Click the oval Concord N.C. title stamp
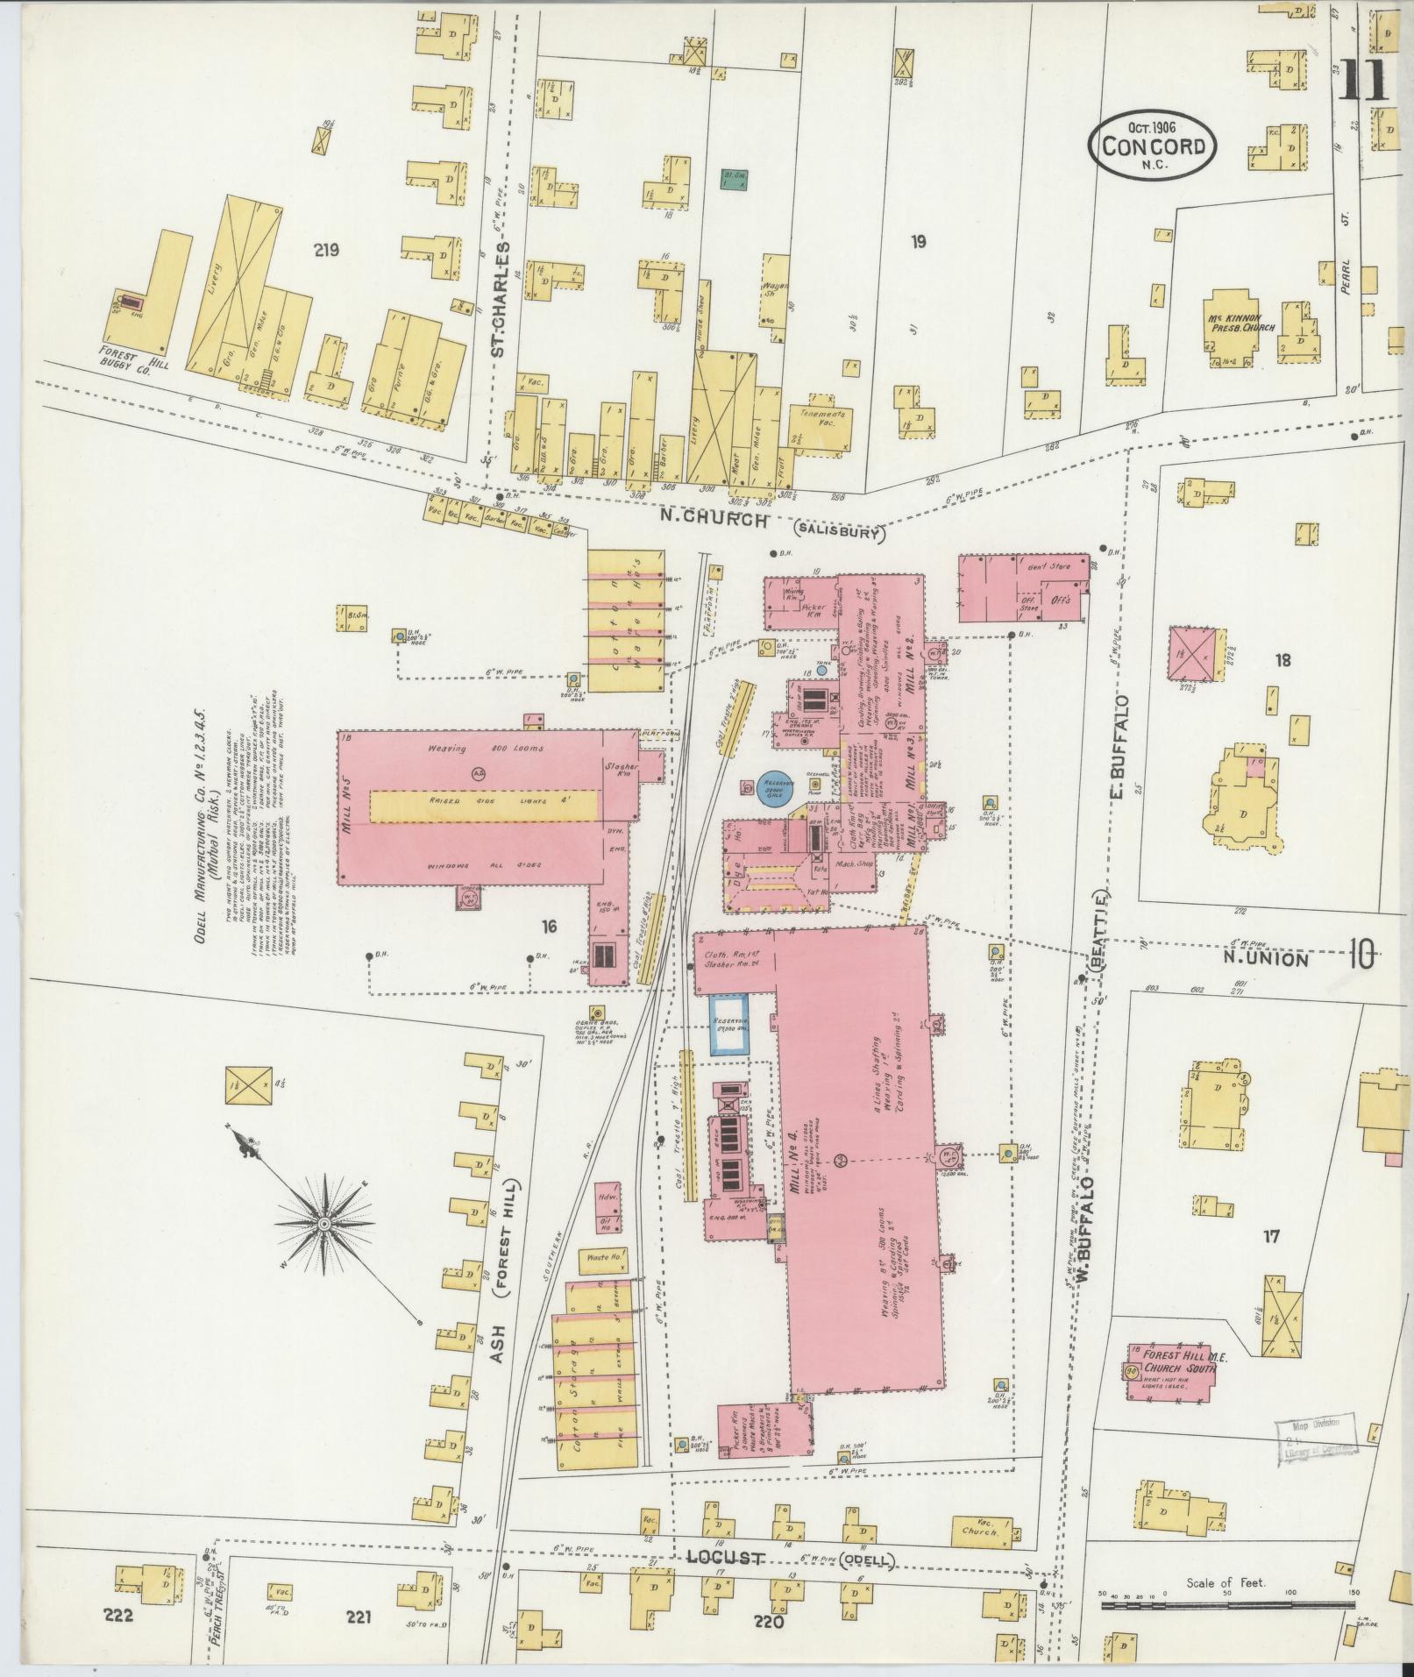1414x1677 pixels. [x=1152, y=143]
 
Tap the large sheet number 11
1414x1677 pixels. [x=1364, y=82]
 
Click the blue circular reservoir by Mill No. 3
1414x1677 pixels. [x=775, y=787]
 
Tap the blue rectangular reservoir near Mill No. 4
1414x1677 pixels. [x=729, y=1024]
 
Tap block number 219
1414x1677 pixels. [x=325, y=251]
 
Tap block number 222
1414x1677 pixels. [x=117, y=1616]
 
